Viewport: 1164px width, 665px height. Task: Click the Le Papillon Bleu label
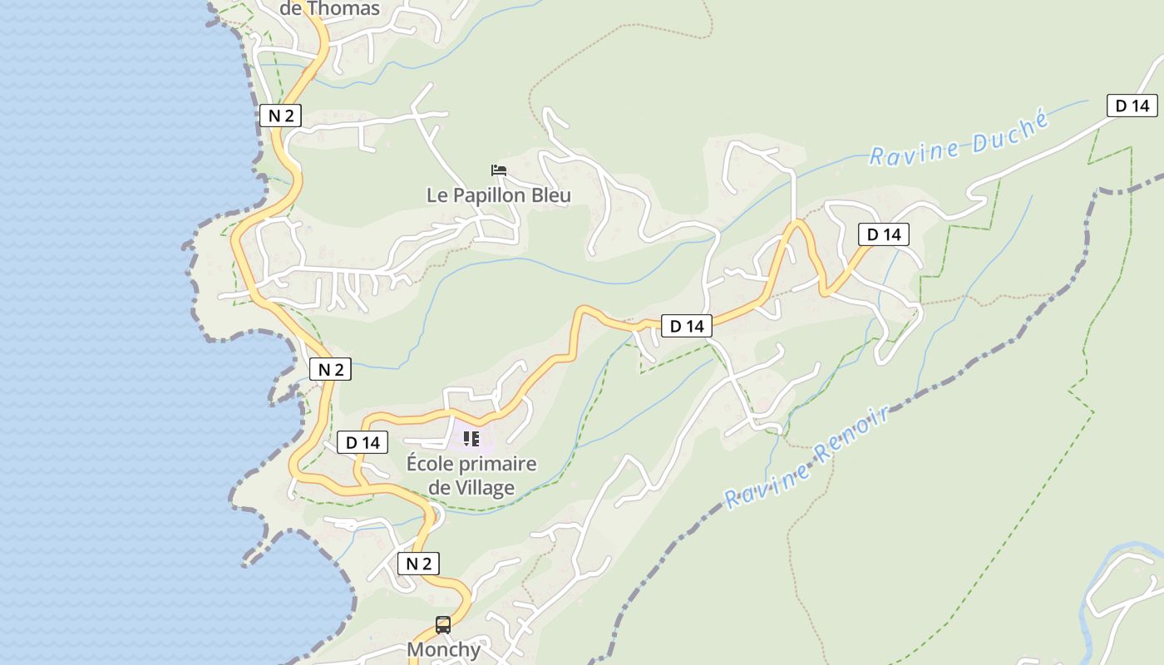(499, 195)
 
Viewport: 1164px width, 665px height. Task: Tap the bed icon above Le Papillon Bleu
(499, 170)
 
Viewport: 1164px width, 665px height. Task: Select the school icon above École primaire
(471, 438)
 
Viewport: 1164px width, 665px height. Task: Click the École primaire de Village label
(471, 475)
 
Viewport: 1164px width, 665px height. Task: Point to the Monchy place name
(443, 649)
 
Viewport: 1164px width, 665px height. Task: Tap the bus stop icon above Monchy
(443, 624)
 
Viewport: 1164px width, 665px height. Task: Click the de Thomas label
(330, 9)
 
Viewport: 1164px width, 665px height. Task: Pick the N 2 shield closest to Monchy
(418, 564)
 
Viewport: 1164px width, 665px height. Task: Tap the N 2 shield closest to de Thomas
(280, 116)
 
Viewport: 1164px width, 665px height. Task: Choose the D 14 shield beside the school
(363, 442)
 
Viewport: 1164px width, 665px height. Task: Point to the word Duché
(1015, 129)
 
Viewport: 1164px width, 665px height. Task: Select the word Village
(483, 488)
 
